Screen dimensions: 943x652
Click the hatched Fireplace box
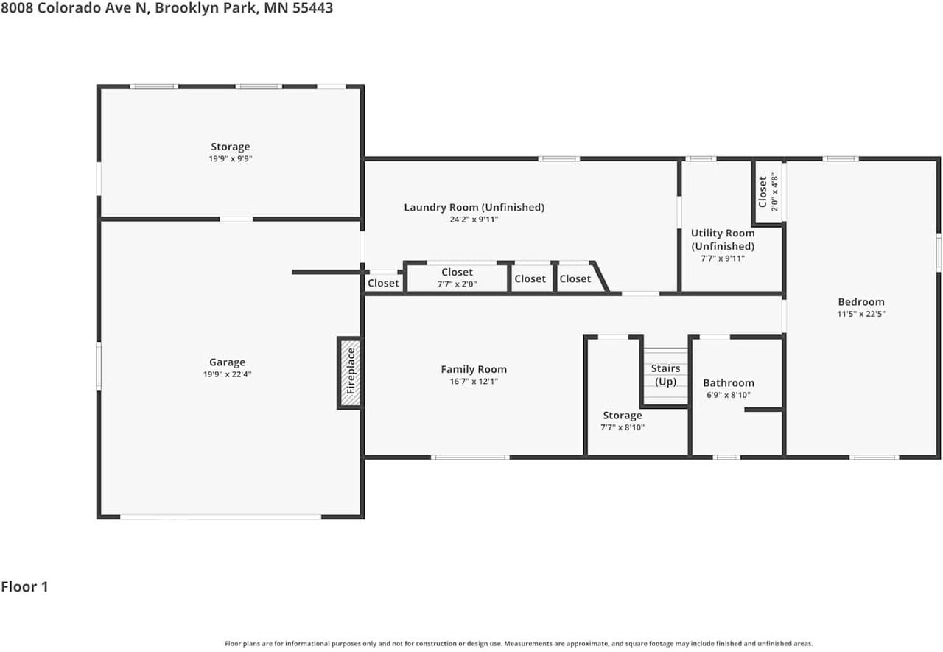click(x=350, y=373)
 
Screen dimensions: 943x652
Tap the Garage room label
click(x=228, y=362)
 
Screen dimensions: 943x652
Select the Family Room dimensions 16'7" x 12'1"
click(x=474, y=382)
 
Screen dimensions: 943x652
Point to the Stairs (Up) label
click(x=665, y=374)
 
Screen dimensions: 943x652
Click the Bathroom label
click(x=729, y=382)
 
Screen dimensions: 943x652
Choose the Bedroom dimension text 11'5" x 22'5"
click(x=861, y=314)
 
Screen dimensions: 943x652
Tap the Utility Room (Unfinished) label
click(x=723, y=239)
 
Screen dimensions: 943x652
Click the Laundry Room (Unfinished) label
click(x=474, y=207)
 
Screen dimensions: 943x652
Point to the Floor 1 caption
click(x=24, y=586)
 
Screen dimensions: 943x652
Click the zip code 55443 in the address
click(x=312, y=7)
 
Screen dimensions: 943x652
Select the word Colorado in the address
click(x=69, y=7)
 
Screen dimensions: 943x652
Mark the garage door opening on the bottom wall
click(x=220, y=516)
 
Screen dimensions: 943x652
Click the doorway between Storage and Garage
click(x=236, y=219)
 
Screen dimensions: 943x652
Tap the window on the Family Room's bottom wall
click(x=470, y=457)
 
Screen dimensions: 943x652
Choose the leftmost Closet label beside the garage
click(x=383, y=283)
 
